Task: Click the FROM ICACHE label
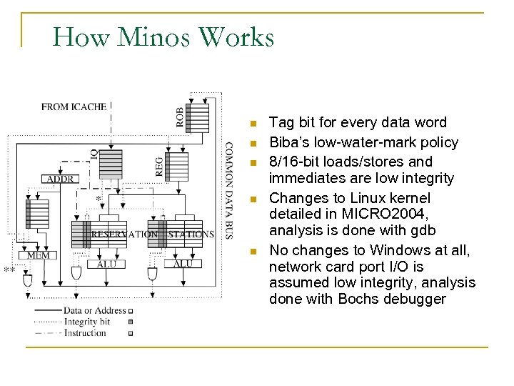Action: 74,107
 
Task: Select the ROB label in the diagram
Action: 179,117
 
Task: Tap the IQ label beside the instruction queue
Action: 94,154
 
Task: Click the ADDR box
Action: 60,179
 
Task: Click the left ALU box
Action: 106,263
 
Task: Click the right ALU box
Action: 183,263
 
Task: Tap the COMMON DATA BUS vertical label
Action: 228,189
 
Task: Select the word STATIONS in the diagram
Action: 191,234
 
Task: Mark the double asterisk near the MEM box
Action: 9,270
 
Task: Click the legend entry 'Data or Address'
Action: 94,310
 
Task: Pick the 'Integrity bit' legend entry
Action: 86,322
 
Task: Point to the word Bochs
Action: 356,299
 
